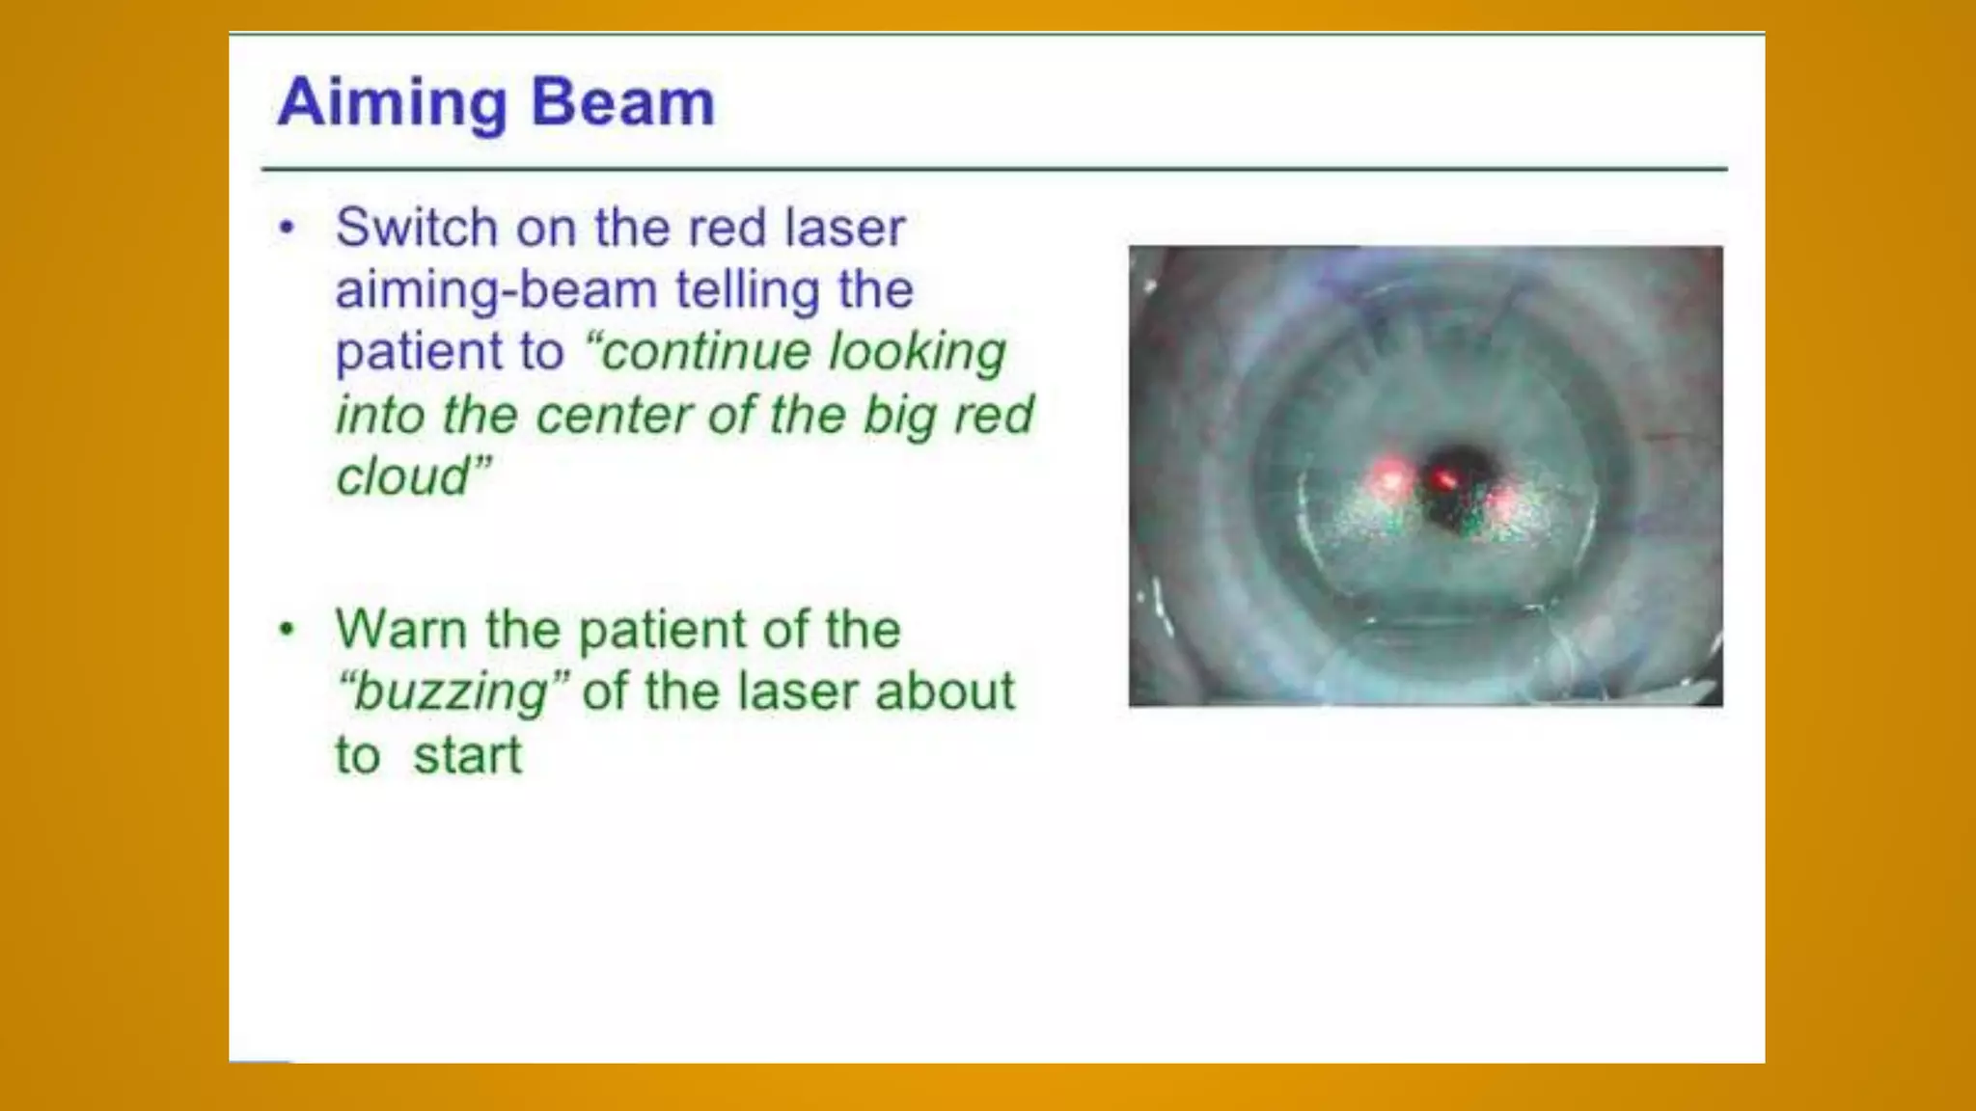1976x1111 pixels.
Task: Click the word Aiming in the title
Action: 392,103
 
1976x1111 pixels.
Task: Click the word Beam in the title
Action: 623,101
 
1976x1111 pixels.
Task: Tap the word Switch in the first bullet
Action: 417,228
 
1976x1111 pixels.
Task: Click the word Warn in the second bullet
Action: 400,629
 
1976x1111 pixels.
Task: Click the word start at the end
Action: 467,755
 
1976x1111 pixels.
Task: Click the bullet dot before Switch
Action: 287,229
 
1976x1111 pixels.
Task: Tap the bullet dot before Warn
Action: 287,630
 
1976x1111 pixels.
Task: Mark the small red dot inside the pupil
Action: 1444,478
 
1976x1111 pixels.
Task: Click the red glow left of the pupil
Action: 1390,476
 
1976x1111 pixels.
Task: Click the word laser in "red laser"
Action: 845,228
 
